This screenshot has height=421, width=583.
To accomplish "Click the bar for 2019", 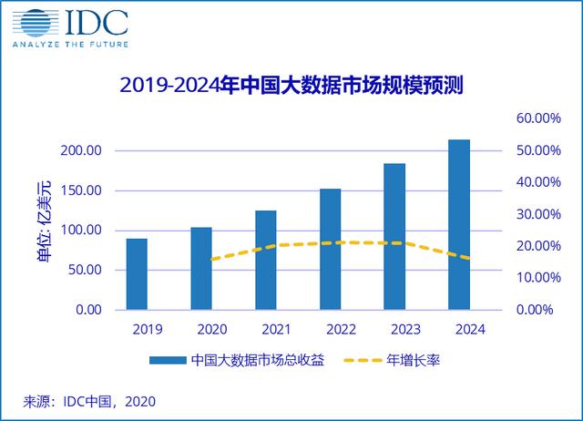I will point(136,273).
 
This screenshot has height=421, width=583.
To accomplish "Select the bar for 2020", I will point(201,268).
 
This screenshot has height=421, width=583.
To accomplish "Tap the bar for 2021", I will point(266,260).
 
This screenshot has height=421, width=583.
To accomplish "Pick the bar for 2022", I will point(331,249).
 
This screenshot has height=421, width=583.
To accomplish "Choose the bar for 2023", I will point(394,236).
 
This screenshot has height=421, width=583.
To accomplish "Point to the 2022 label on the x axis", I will point(331,330).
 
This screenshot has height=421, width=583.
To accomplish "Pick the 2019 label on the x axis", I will point(136,330).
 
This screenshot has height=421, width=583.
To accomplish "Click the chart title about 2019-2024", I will point(291,87).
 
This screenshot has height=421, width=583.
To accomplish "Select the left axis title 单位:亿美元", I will point(44,230).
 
